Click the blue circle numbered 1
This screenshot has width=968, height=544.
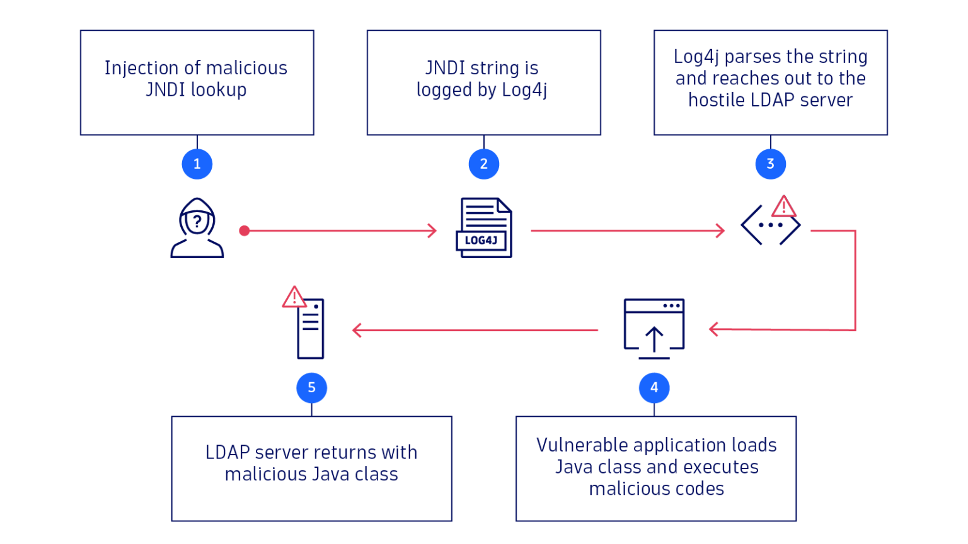[x=197, y=164]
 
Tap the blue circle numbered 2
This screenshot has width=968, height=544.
[x=483, y=164]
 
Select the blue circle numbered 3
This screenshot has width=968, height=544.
[x=770, y=164]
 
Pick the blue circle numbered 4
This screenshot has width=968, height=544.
[x=654, y=388]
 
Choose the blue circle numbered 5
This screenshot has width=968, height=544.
[x=311, y=388]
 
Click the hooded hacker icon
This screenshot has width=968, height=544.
[x=197, y=228]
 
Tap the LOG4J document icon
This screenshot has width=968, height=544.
[x=484, y=228]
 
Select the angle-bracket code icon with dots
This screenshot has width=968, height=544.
[x=770, y=225]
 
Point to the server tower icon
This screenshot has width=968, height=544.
[x=311, y=329]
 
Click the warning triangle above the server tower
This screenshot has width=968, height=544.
[x=294, y=298]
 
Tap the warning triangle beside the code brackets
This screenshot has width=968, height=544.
[x=784, y=207]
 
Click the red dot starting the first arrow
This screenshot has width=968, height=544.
[x=245, y=231]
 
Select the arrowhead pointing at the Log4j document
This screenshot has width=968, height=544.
[x=432, y=231]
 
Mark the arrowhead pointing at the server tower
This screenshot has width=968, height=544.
[x=357, y=330]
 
